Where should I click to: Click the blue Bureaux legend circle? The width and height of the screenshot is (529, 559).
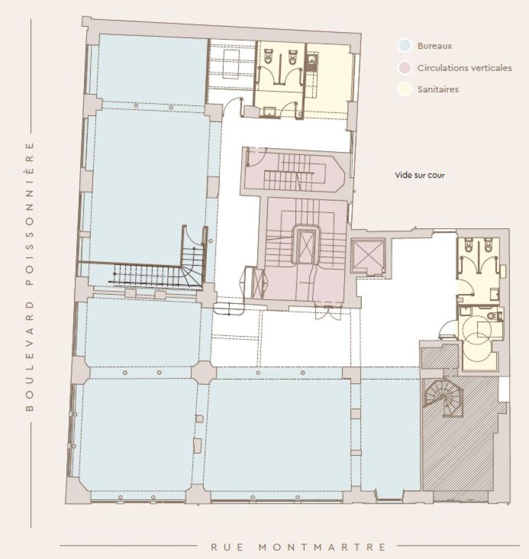(405, 46)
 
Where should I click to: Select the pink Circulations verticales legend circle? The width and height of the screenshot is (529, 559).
(405, 68)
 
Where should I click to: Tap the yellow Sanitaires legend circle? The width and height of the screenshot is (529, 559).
(405, 90)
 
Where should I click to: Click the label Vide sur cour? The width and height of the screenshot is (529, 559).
(419, 175)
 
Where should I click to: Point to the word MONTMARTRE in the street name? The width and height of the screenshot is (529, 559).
(322, 547)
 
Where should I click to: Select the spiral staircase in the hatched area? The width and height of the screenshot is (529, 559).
(444, 399)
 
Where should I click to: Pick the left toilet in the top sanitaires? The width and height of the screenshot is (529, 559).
(269, 57)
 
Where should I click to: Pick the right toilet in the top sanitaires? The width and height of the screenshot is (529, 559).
(292, 57)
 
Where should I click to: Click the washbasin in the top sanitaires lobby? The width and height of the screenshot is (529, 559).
(269, 109)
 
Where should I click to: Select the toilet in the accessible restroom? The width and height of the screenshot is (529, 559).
(492, 316)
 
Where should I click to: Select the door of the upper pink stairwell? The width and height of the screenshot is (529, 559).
(256, 156)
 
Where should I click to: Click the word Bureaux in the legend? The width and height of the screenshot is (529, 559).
(435, 46)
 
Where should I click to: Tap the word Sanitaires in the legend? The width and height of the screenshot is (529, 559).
(438, 90)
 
